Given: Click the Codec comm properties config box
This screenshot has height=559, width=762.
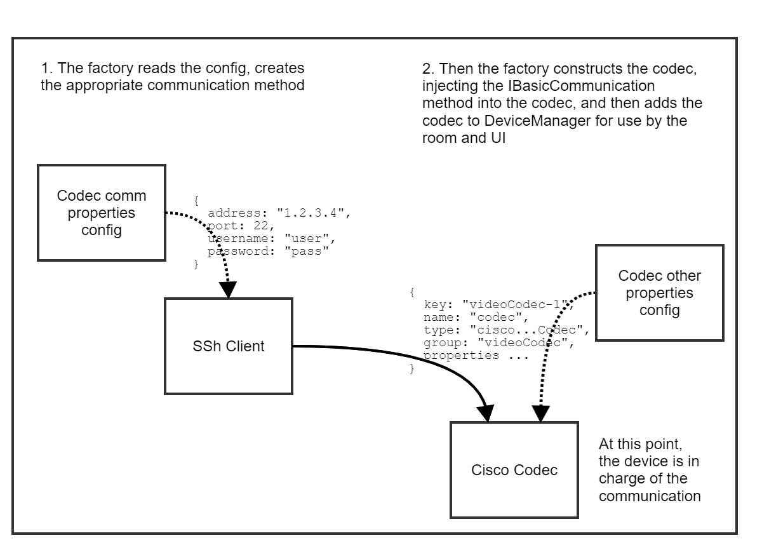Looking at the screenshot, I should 102,212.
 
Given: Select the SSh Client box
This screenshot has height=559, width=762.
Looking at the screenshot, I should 229,346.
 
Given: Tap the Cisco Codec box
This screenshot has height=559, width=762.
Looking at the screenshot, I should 514,470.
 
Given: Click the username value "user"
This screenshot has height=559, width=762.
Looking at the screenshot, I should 309,239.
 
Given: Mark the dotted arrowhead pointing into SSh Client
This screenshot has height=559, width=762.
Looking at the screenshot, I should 227,289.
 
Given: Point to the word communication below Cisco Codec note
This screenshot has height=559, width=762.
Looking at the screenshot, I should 650,496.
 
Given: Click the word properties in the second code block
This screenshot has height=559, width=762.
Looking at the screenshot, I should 461,356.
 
